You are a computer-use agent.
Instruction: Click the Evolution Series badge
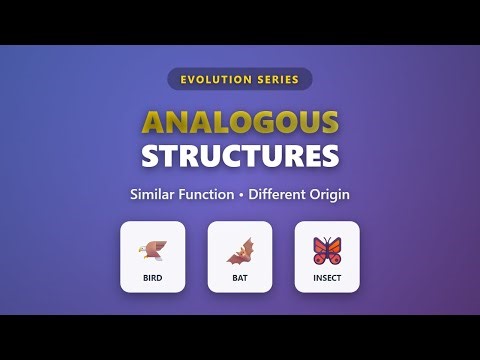point(240,78)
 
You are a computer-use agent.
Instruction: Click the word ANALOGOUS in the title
point(240,122)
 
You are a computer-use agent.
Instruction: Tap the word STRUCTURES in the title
point(240,157)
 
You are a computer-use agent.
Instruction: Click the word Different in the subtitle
point(289,193)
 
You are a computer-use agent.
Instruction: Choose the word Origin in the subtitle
point(335,193)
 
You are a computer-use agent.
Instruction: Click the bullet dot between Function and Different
point(252,193)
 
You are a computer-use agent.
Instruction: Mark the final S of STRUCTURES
point(329,157)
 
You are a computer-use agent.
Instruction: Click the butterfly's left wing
point(320,246)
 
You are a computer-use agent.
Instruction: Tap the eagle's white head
point(146,244)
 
